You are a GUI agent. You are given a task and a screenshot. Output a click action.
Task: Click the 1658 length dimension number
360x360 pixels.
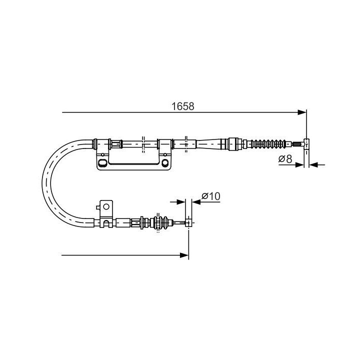pos(182,106)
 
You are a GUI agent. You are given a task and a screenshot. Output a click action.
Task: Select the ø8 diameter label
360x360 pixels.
pos(285,159)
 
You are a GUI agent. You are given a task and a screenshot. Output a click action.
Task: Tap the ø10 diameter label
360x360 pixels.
pos(211,196)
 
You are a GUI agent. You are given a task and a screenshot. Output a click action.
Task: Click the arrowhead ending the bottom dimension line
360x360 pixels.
pos(184,255)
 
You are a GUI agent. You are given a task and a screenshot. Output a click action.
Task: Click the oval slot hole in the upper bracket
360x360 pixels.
pos(102,163)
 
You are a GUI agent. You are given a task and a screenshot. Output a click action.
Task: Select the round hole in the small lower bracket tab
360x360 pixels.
pos(105,205)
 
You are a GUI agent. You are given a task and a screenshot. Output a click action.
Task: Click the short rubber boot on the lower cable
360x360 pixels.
pos(161,222)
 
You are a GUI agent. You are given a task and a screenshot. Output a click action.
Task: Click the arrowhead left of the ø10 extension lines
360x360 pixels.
pos(181,202)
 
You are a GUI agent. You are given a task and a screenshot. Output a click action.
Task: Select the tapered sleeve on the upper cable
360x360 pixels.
pos(210,144)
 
